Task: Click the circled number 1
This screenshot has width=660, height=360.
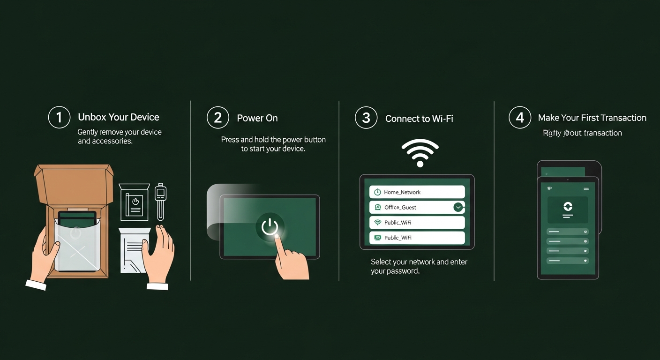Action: click(59, 117)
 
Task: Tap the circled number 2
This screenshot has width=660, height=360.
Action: click(218, 117)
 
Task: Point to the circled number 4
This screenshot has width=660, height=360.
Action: click(520, 117)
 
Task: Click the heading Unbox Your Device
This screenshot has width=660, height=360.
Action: click(119, 117)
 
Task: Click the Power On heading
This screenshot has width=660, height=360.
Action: click(257, 118)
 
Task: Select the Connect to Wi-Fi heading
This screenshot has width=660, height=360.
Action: click(419, 119)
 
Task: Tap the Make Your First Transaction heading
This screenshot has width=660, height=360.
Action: click(592, 118)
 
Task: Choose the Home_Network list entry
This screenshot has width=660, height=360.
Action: click(417, 192)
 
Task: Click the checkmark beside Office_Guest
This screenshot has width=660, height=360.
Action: click(458, 207)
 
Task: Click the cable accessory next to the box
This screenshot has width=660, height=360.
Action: click(160, 202)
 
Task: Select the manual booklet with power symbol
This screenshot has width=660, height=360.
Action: click(134, 202)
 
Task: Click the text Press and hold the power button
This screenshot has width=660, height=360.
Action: click(273, 140)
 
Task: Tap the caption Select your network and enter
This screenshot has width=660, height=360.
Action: click(419, 262)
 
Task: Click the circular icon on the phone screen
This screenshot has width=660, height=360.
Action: click(568, 207)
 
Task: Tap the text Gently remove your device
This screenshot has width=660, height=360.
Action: click(120, 132)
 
